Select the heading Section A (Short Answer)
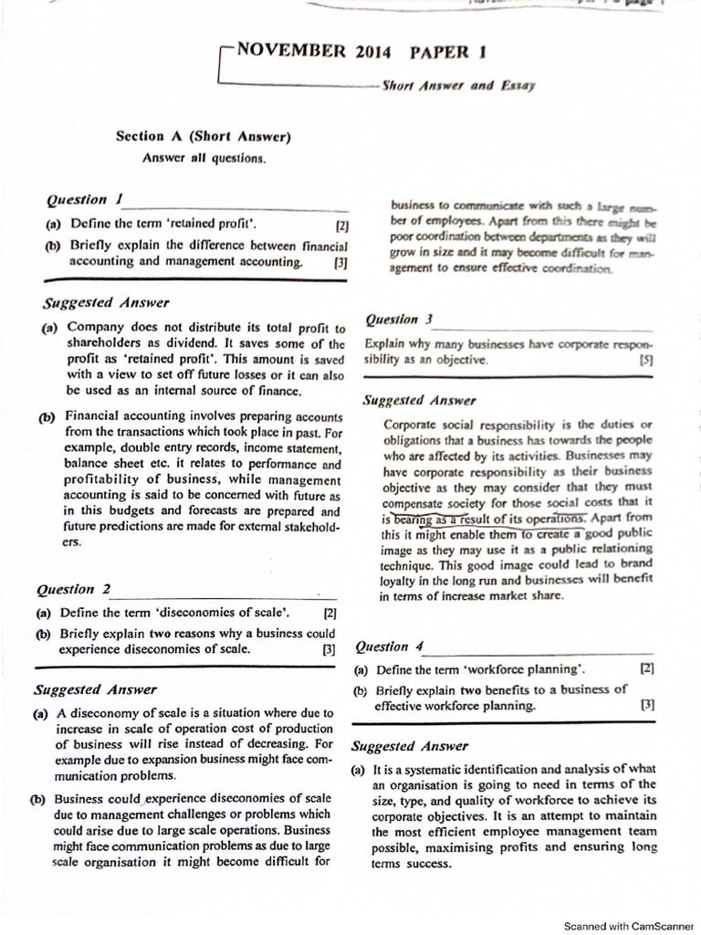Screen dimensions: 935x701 pyautogui.click(x=203, y=137)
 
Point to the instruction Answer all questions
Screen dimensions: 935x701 pyautogui.click(x=204, y=158)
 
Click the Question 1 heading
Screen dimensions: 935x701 pyautogui.click(x=84, y=199)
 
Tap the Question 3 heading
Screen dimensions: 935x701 pyautogui.click(x=398, y=320)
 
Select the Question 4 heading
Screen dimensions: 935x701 pyautogui.click(x=390, y=646)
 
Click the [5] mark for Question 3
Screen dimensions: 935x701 pyautogui.click(x=647, y=361)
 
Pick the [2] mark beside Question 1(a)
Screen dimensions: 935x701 pyautogui.click(x=341, y=225)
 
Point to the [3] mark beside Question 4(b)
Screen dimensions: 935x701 pyautogui.click(x=647, y=705)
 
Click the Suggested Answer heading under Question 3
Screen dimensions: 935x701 pyautogui.click(x=419, y=400)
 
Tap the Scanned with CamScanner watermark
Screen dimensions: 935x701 pyautogui.click(x=628, y=925)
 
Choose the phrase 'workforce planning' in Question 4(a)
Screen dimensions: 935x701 pyautogui.click(x=519, y=669)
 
